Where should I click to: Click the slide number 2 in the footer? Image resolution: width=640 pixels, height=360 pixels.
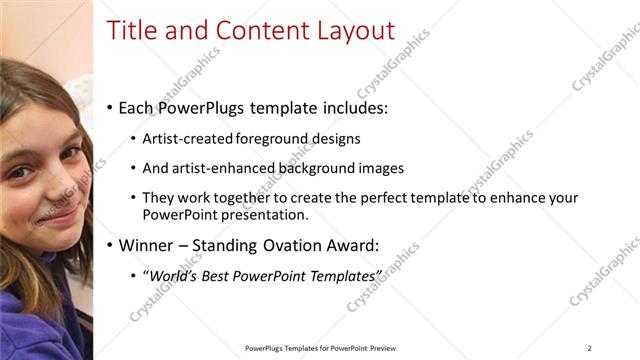click(x=590, y=348)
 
